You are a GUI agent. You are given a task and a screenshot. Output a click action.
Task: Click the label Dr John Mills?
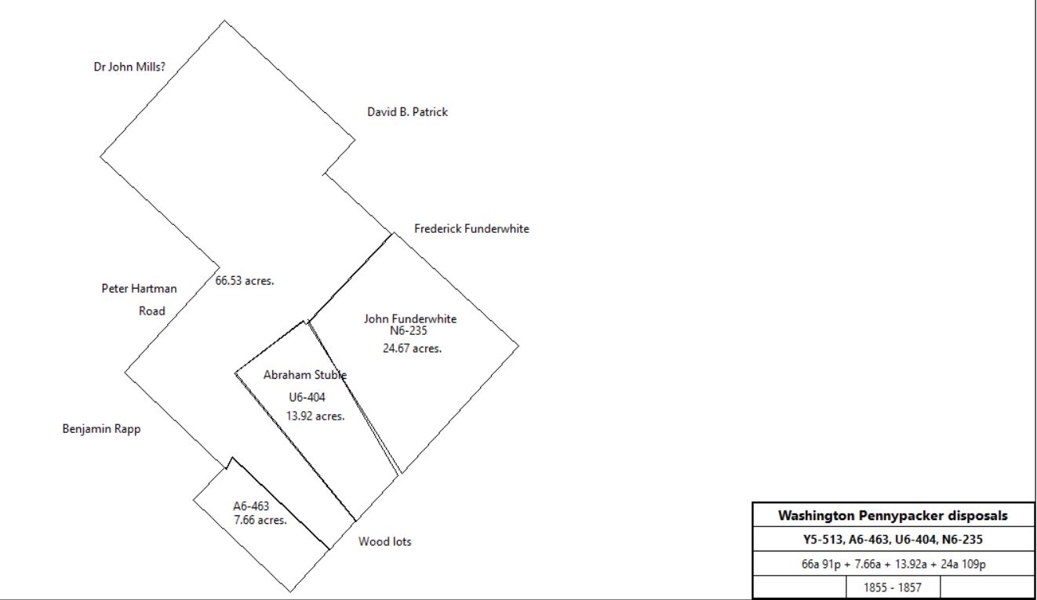coord(129,67)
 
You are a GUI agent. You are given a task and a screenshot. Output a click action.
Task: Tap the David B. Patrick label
coord(407,112)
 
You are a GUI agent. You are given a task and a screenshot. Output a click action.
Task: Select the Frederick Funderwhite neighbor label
coord(471,229)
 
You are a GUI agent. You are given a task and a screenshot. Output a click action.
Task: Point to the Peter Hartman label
coord(139,289)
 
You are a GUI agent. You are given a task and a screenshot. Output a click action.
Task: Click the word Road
coord(152,311)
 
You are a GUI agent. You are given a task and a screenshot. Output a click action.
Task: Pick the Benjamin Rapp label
coord(101,429)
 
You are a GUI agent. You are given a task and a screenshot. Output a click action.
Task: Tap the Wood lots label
coord(384,541)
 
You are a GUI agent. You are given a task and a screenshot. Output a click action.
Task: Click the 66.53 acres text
coord(245,281)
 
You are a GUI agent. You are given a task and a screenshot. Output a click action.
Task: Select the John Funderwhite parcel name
coord(410,318)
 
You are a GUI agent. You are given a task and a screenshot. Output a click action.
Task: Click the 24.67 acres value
coord(412,348)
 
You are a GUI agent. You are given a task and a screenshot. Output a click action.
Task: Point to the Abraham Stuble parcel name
coord(305,375)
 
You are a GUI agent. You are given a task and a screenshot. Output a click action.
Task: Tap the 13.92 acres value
coord(315,416)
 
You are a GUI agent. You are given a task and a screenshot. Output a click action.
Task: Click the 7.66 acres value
coord(260,520)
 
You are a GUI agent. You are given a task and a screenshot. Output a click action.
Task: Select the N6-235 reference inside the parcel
coord(409,330)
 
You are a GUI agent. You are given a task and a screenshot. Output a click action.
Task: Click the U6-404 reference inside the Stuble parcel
coord(307,397)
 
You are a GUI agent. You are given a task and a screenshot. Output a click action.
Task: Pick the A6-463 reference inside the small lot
coord(251,506)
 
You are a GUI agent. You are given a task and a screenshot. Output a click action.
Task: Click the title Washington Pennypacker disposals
coord(893,515)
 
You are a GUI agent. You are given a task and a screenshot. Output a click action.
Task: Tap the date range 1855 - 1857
coord(893,587)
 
